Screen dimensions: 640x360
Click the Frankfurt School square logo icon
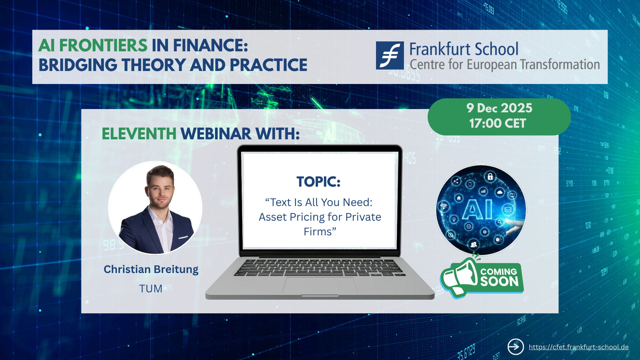tap(390, 55)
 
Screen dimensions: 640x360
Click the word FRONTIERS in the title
tap(103, 45)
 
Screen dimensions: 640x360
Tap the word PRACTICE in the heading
tap(268, 65)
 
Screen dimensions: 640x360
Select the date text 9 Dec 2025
tap(499, 108)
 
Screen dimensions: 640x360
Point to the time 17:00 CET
tap(498, 123)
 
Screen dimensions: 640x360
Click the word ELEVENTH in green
tap(139, 134)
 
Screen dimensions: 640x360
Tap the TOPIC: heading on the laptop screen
tap(319, 182)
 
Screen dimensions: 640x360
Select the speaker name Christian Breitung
tap(151, 269)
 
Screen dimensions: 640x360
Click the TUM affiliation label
tap(151, 289)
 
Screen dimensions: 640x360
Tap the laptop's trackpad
tap(320, 285)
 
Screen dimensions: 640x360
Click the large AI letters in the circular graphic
tap(478, 209)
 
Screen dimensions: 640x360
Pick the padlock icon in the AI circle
tap(490, 176)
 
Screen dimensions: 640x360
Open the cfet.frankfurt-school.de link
tap(579, 347)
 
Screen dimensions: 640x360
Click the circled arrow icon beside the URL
tap(516, 347)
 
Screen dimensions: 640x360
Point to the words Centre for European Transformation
tap(505, 65)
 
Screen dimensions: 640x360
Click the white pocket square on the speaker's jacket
tap(183, 238)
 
